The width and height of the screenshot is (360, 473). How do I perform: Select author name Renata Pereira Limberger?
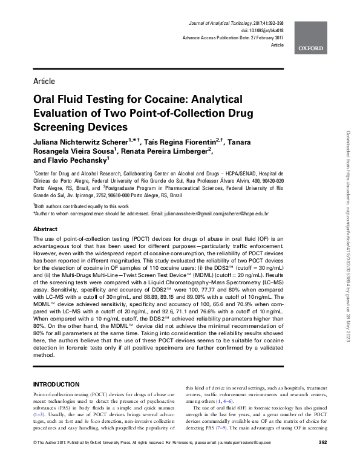click(x=164, y=151)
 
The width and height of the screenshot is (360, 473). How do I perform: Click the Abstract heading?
click(x=45, y=230)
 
